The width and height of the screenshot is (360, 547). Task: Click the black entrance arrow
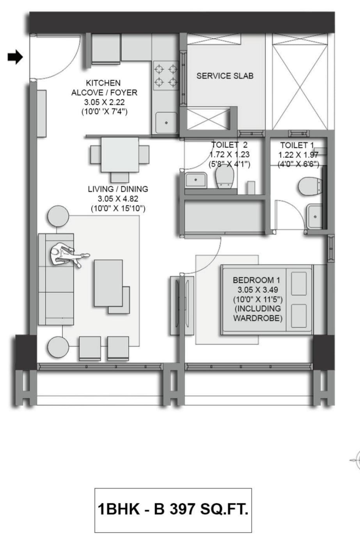coord(15,57)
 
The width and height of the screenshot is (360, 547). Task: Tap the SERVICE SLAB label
coord(225,76)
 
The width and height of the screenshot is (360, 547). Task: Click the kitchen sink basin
coord(166,122)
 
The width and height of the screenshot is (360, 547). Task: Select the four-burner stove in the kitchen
coord(166,76)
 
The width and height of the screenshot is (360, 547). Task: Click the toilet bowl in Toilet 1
coord(309,186)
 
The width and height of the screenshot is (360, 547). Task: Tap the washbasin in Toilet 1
coord(315,216)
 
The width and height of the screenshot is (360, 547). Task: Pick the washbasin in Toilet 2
coord(196,180)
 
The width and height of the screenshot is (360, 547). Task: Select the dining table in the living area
coord(120,155)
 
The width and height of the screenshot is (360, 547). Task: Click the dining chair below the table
coord(120,177)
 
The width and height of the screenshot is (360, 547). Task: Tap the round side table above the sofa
coord(58,216)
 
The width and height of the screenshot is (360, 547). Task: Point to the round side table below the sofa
coord(58,347)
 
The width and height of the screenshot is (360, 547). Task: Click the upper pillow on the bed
coord(299,283)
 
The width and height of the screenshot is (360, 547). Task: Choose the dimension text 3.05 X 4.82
coord(118,199)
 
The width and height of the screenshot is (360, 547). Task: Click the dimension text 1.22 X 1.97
coord(298,155)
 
